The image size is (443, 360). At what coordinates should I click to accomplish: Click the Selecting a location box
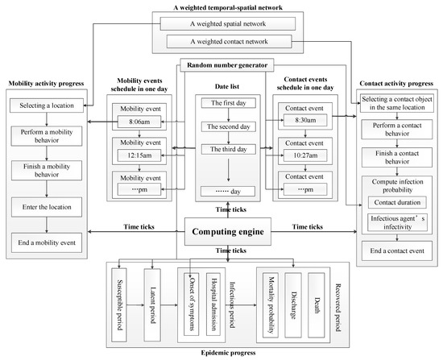[48, 106]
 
